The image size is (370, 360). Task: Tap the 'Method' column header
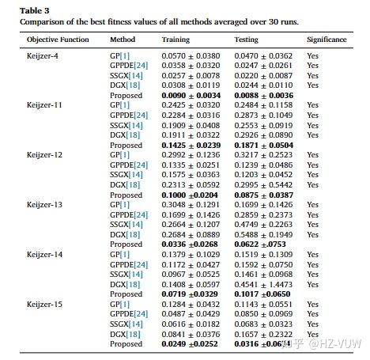coord(123,39)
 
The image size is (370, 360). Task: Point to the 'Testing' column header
coord(247,39)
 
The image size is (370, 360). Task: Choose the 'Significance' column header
coord(327,39)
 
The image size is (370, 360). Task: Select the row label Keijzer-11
coord(46,105)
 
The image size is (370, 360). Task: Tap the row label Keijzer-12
coord(46,155)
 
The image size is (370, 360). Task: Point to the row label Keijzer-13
coord(46,204)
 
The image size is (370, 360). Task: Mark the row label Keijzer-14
coord(46,254)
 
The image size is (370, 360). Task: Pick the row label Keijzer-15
coord(46,304)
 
